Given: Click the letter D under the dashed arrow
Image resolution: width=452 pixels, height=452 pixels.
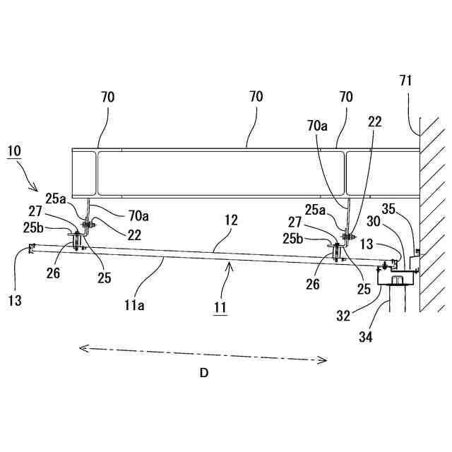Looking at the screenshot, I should pyautogui.click(x=203, y=374).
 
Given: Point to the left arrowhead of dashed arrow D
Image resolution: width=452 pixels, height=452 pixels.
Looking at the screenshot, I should pyautogui.click(x=82, y=347).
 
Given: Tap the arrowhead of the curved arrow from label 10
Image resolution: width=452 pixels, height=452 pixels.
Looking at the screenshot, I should pyautogui.click(x=37, y=189).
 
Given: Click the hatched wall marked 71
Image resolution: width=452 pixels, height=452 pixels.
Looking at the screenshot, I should pyautogui.click(x=432, y=212).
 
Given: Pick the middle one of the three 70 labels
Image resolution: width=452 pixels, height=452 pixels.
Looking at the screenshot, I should pyautogui.click(x=256, y=97).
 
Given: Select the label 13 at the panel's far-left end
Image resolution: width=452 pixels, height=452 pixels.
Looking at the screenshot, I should pyautogui.click(x=16, y=300).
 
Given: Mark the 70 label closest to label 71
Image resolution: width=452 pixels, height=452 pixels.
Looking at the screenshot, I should pyautogui.click(x=346, y=97).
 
